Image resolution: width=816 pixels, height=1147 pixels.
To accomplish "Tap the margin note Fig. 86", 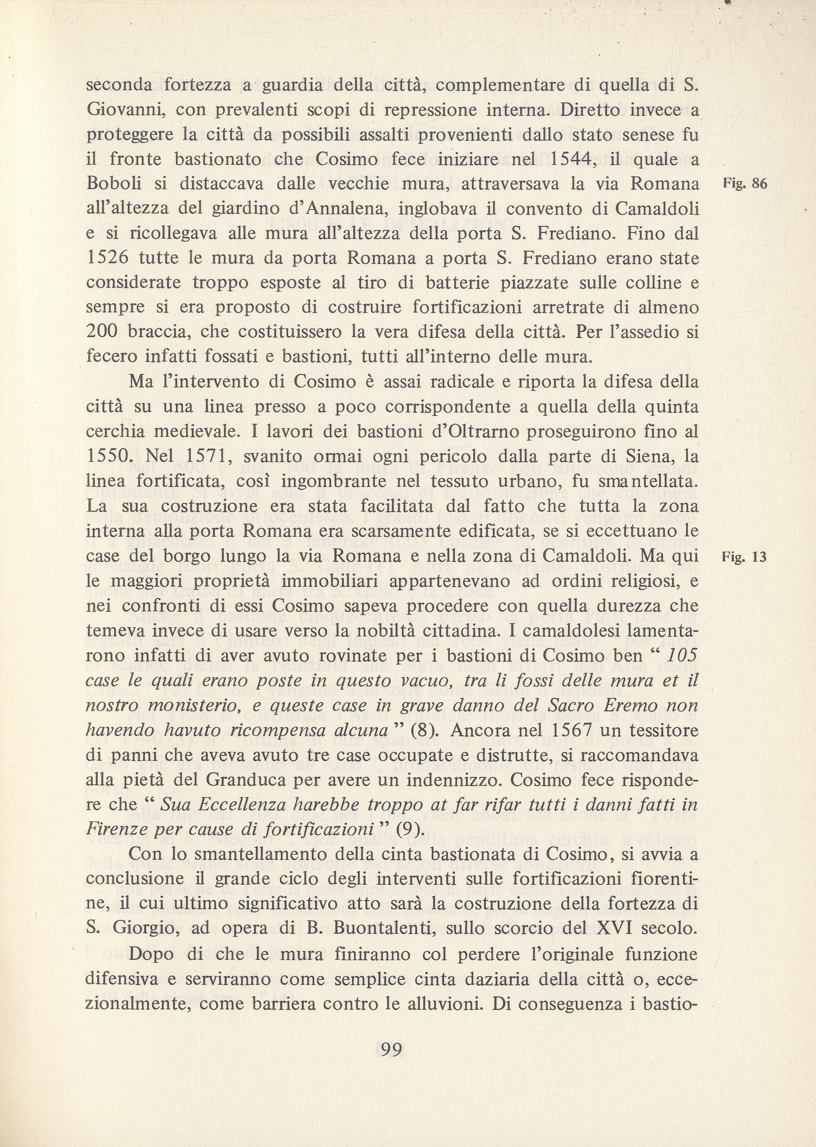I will click(745, 184).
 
